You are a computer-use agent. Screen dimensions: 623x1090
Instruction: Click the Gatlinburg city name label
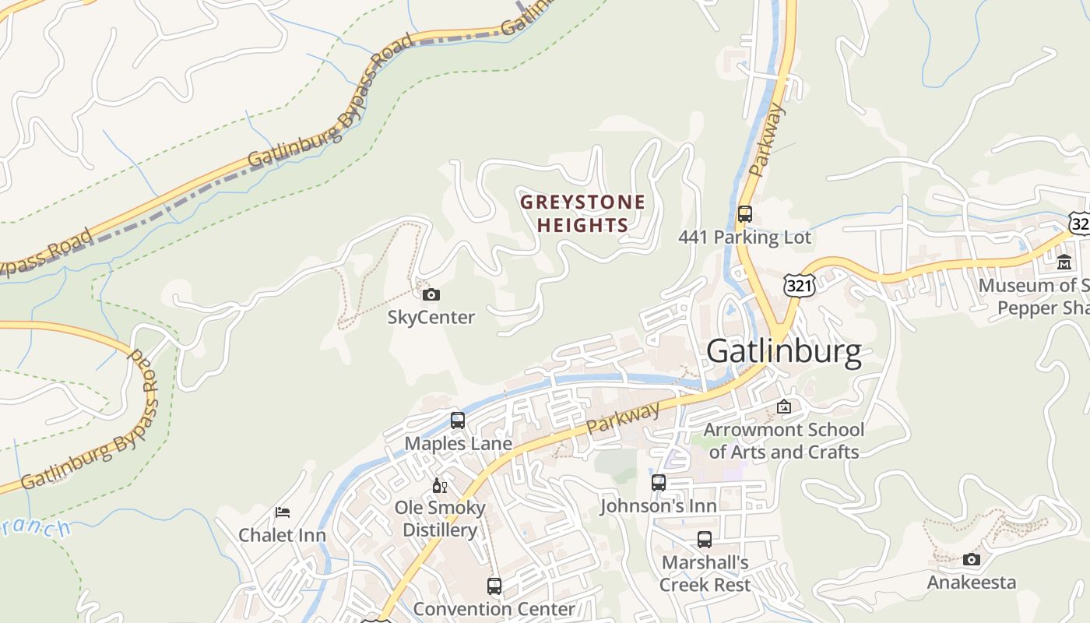(783, 352)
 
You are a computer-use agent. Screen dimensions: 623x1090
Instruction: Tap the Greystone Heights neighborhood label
(582, 213)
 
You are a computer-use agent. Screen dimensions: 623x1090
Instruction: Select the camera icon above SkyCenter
(431, 294)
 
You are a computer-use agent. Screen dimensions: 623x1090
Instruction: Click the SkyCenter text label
(431, 318)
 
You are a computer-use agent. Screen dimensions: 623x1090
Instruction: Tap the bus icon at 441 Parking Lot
(744, 213)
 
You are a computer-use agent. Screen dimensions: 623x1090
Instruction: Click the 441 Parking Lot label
(744, 238)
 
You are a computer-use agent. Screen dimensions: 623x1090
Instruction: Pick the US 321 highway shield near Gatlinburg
(799, 285)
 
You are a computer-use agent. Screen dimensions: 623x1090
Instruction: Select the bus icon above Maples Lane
(458, 421)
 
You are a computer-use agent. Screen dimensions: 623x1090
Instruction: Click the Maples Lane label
(458, 444)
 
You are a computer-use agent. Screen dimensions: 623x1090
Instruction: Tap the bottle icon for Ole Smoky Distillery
(439, 485)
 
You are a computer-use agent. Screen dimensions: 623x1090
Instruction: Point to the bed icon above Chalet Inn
(283, 512)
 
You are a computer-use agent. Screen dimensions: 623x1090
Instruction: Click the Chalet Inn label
(282, 535)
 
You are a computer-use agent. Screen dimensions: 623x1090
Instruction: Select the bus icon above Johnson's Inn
(659, 482)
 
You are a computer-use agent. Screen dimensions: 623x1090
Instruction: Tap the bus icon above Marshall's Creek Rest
(705, 539)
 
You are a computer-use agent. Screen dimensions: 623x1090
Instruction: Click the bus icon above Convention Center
(494, 586)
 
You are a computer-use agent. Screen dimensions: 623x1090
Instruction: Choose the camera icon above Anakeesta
(971, 559)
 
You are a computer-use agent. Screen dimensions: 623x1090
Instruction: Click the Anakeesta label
(971, 583)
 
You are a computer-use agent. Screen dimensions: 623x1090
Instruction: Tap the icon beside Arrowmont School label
(784, 407)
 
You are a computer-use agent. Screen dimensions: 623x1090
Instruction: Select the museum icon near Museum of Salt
(1064, 262)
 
